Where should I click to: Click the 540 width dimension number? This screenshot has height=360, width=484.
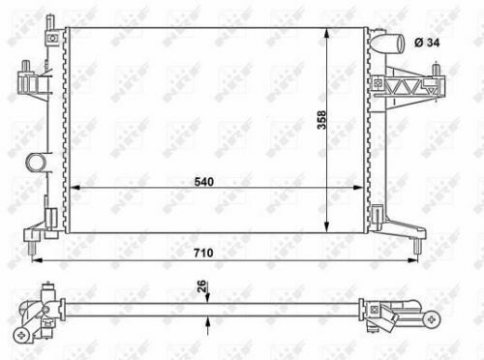pos(203,180)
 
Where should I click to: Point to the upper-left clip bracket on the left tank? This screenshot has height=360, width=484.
pos(29,79)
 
